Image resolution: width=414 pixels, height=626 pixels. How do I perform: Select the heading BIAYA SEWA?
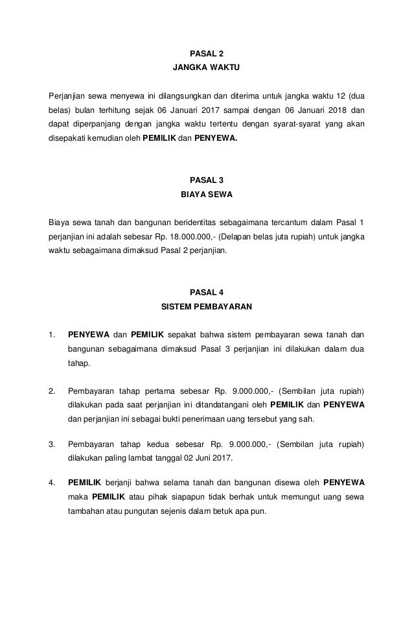[207, 193]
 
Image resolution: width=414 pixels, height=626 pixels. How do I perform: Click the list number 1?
[51, 335]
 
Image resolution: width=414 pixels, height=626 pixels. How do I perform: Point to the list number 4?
[51, 483]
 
